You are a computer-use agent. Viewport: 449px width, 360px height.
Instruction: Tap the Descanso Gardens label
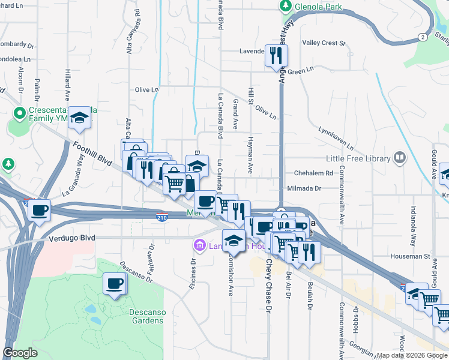click(x=146, y=316)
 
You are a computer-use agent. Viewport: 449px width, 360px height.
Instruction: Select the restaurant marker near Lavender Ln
click(x=276, y=56)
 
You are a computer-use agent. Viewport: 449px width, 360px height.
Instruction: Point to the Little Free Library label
click(x=358, y=158)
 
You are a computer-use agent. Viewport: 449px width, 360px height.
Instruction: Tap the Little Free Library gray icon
click(x=399, y=158)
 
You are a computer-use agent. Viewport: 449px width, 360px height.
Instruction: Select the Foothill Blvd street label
click(x=92, y=153)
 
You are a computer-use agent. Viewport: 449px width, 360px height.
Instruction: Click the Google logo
click(x=20, y=352)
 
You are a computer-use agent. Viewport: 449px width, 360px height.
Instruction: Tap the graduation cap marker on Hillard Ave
click(x=79, y=119)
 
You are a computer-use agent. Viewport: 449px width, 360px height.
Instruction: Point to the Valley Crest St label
click(x=324, y=43)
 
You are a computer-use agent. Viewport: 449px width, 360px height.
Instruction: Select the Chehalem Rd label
click(x=313, y=173)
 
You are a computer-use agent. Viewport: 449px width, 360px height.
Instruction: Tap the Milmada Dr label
click(x=304, y=188)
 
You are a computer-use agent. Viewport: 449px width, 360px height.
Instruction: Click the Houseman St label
click(x=418, y=256)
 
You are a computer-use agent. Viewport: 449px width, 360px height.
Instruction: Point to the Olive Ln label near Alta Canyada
click(x=146, y=90)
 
